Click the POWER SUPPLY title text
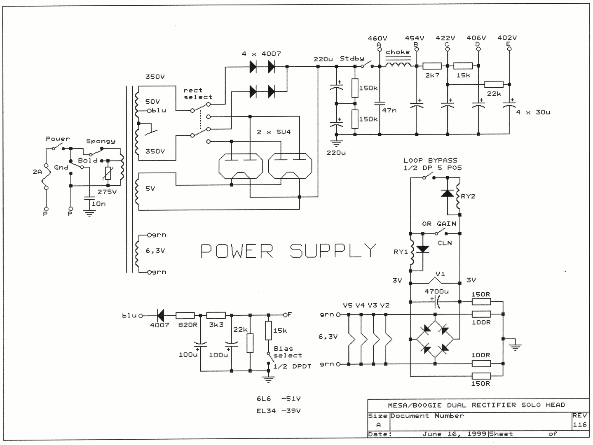[x=288, y=251]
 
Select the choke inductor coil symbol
[x=398, y=65]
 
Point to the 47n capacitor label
[x=390, y=110]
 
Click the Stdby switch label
[x=352, y=58]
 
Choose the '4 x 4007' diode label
[x=261, y=54]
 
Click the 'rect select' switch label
[x=198, y=93]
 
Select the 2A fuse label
[x=37, y=172]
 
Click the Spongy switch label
[x=101, y=141]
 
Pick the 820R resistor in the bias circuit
[x=185, y=316]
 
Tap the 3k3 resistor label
[x=216, y=325]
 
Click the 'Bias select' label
[x=287, y=352]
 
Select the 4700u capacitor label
[x=437, y=291]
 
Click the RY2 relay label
[x=468, y=196]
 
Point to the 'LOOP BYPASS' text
[x=430, y=160]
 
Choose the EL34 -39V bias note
[x=278, y=411]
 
